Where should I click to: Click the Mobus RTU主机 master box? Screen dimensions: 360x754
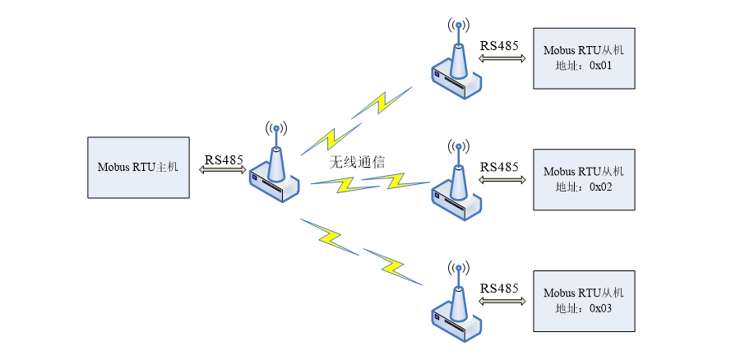point(137,168)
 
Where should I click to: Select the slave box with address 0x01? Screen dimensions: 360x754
point(584,58)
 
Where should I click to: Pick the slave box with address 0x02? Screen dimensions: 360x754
point(584,179)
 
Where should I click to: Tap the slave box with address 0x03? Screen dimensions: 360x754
point(584,301)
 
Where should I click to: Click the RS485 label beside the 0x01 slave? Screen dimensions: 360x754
point(500,46)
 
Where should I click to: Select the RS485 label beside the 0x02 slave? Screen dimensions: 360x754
point(500,166)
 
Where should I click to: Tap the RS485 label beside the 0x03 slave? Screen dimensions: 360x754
point(500,288)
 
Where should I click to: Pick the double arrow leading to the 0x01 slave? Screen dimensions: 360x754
point(501,58)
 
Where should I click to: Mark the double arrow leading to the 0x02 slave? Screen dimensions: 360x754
point(501,178)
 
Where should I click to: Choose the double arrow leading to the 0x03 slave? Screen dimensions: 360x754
point(501,300)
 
